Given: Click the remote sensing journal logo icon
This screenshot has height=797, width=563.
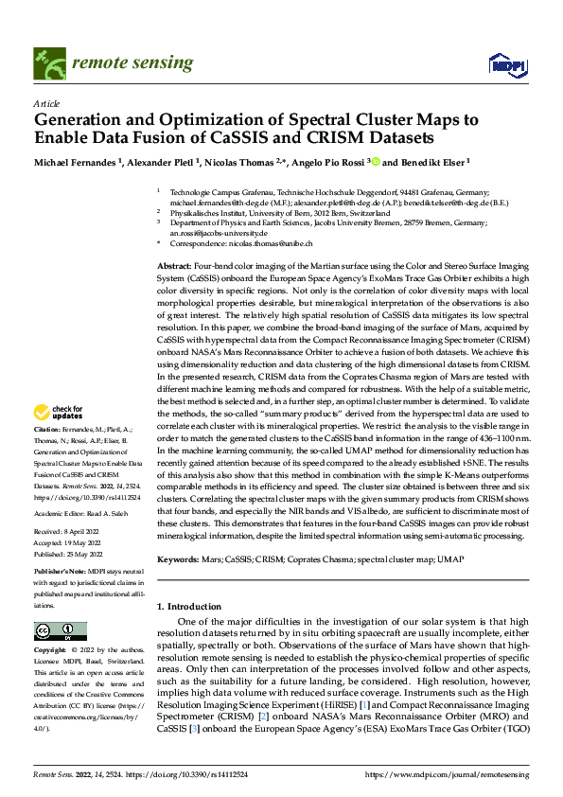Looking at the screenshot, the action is point(48,63).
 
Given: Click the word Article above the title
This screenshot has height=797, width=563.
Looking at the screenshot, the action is point(46,103).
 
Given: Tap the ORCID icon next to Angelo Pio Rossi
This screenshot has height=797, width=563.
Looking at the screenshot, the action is point(375,162).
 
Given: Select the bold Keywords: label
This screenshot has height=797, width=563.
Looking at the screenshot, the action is point(180,560).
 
